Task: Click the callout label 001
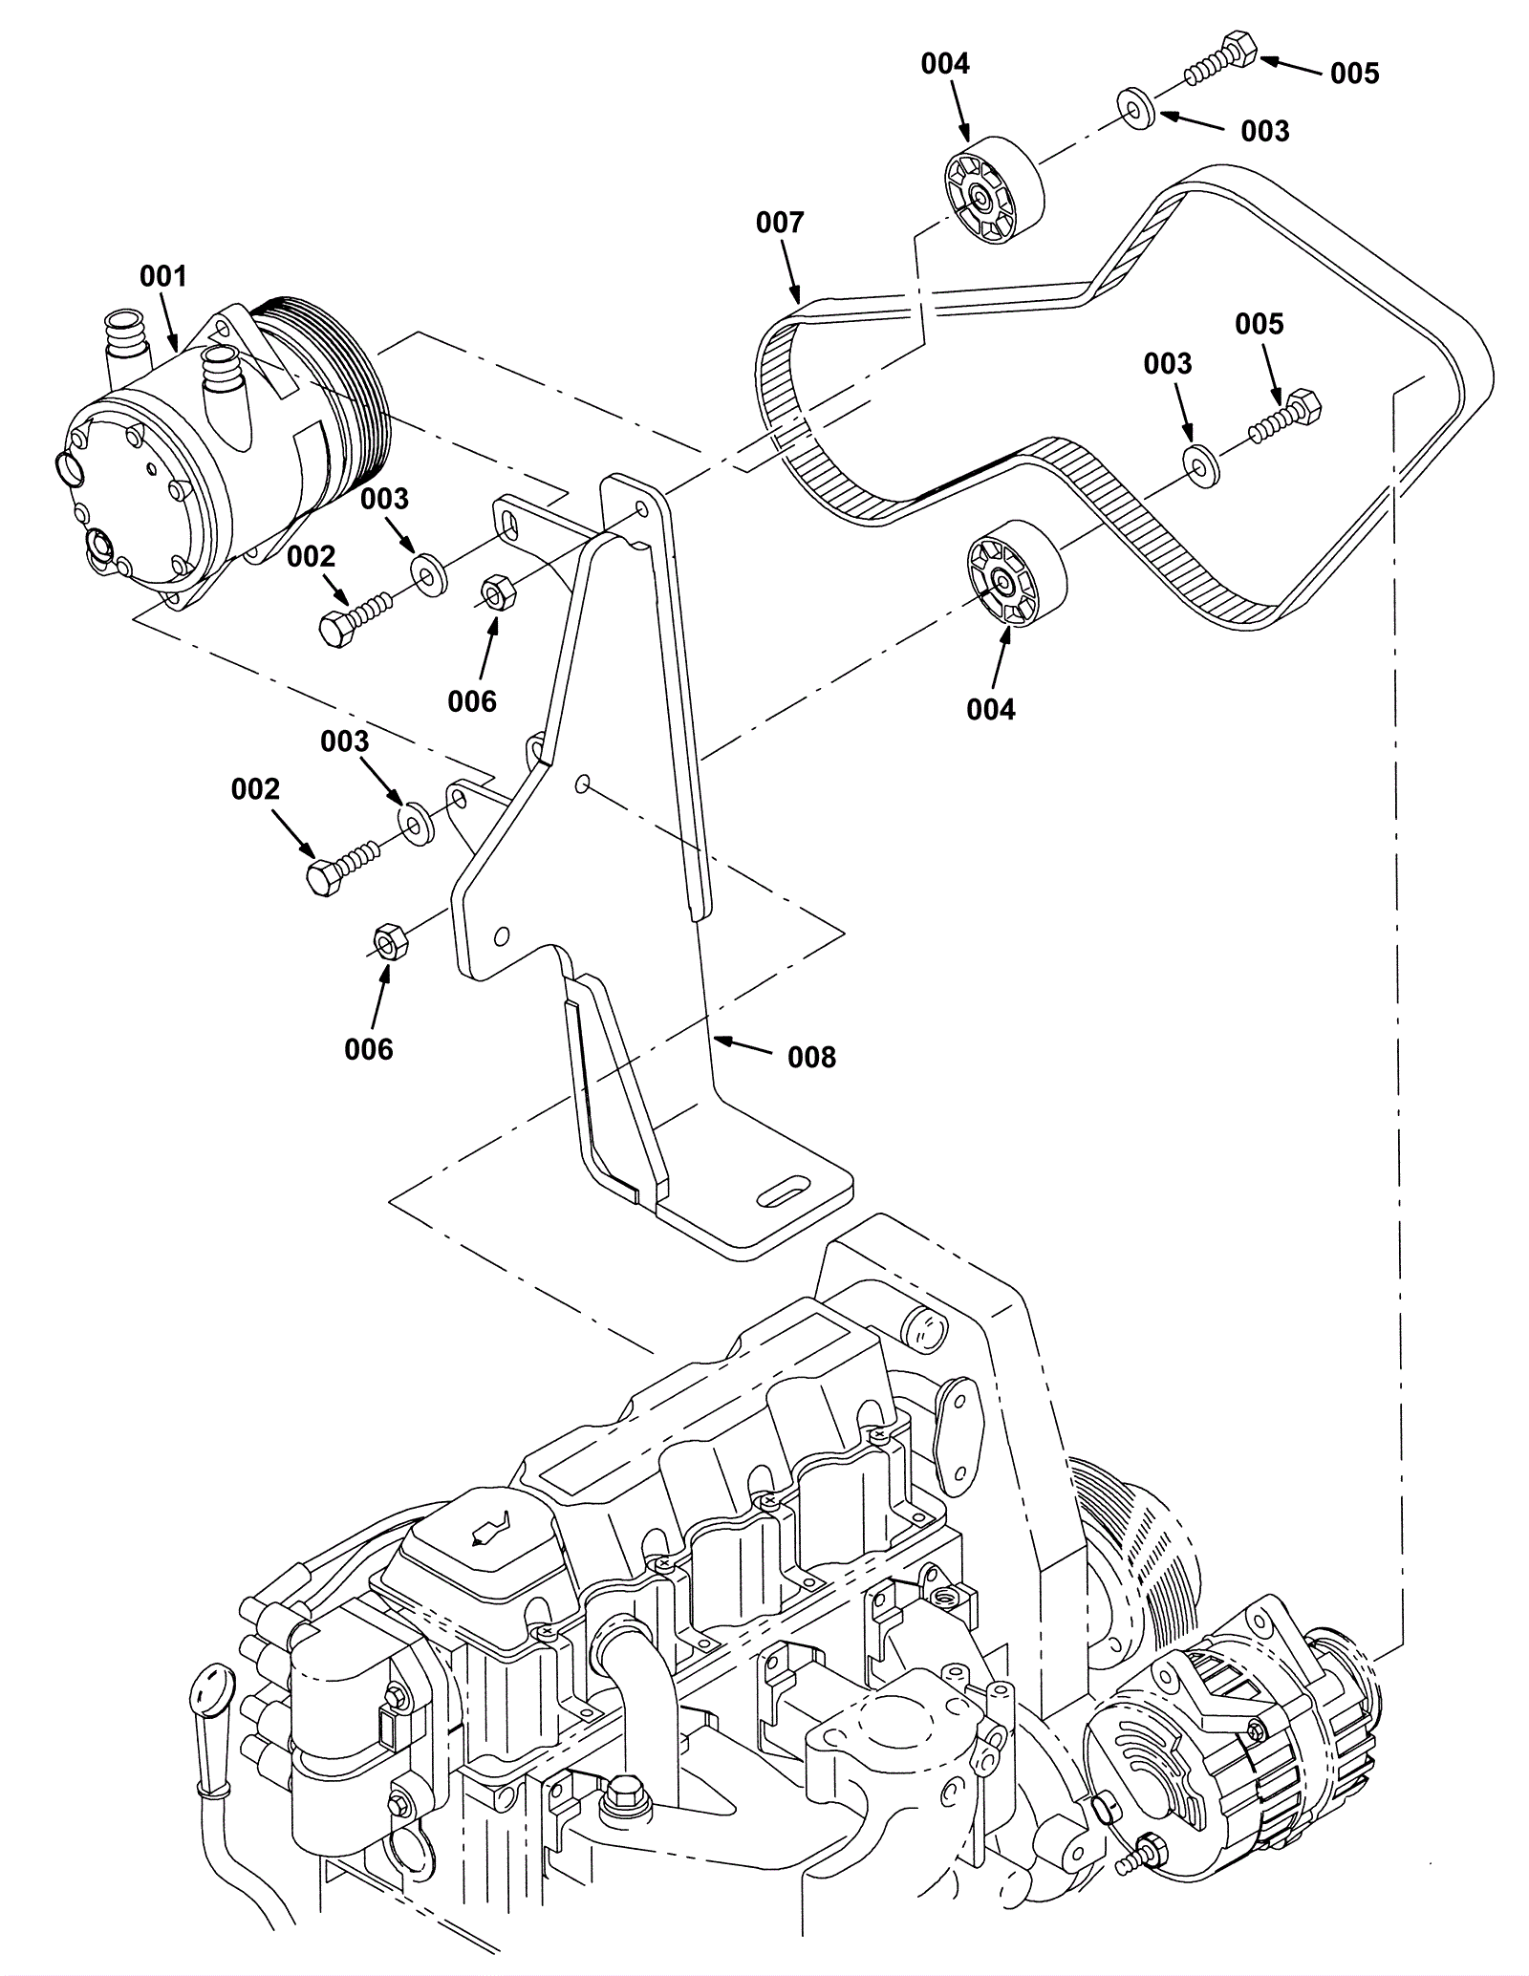point(163,276)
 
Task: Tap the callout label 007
point(780,223)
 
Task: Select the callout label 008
point(811,1057)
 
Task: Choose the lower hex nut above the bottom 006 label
point(388,942)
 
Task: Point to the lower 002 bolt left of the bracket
point(346,861)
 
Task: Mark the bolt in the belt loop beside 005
point(1284,418)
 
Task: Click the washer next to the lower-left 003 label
point(417,823)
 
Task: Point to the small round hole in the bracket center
point(580,784)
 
